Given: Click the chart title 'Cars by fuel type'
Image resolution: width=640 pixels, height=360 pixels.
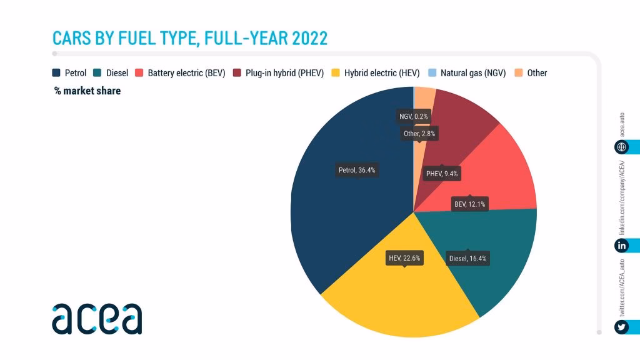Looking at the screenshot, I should click(190, 38).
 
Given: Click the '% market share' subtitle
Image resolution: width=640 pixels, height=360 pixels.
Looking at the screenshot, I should click(87, 91).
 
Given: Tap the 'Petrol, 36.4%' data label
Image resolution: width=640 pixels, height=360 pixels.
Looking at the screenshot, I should click(357, 169).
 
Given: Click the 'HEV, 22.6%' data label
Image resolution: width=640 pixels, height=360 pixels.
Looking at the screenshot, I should click(404, 257).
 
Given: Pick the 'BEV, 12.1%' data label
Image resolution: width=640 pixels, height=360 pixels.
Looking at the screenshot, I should click(470, 204).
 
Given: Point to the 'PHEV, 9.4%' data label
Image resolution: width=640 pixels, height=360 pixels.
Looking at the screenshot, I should click(441, 174).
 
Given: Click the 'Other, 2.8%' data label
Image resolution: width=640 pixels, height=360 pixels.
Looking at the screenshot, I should click(419, 133).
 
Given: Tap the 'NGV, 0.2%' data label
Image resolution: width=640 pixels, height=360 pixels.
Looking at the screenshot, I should click(415, 116).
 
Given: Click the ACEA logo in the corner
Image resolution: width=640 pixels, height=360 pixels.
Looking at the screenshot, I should click(97, 319).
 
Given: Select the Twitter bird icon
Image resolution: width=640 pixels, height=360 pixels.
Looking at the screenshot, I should click(621, 327).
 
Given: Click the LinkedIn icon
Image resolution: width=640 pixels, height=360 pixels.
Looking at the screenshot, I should click(621, 246).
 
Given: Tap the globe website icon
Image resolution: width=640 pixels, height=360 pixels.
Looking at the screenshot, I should click(621, 147).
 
